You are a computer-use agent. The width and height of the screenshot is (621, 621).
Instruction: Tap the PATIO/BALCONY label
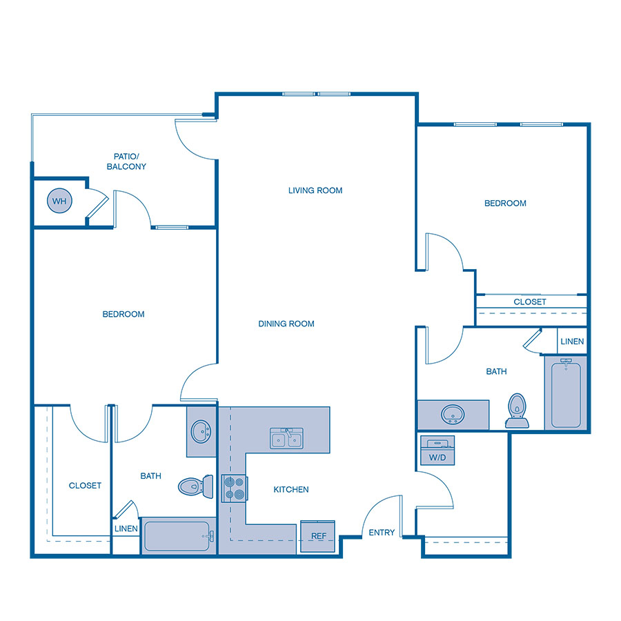(126, 161)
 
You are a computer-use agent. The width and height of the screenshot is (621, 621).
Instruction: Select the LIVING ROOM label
(315, 190)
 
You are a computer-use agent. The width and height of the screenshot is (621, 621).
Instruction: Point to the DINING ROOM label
(286, 324)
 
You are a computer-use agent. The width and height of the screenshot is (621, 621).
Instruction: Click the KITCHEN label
(291, 489)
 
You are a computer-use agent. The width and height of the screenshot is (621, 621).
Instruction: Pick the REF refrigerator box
(318, 536)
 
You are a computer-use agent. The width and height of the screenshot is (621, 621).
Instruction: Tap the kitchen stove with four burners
(233, 488)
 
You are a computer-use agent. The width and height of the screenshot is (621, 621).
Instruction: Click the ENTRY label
(382, 533)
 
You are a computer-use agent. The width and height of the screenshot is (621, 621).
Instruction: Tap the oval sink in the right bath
(453, 414)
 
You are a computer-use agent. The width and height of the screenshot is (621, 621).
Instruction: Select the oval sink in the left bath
(201, 432)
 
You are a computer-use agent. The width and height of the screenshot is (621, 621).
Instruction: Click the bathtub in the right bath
(566, 393)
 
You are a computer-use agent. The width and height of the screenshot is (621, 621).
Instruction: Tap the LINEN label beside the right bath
(572, 342)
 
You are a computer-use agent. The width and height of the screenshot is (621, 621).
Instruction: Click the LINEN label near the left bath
(126, 529)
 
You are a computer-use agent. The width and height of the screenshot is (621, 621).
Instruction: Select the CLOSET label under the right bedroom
(530, 302)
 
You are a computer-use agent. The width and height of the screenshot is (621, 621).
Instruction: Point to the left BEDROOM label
(124, 314)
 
